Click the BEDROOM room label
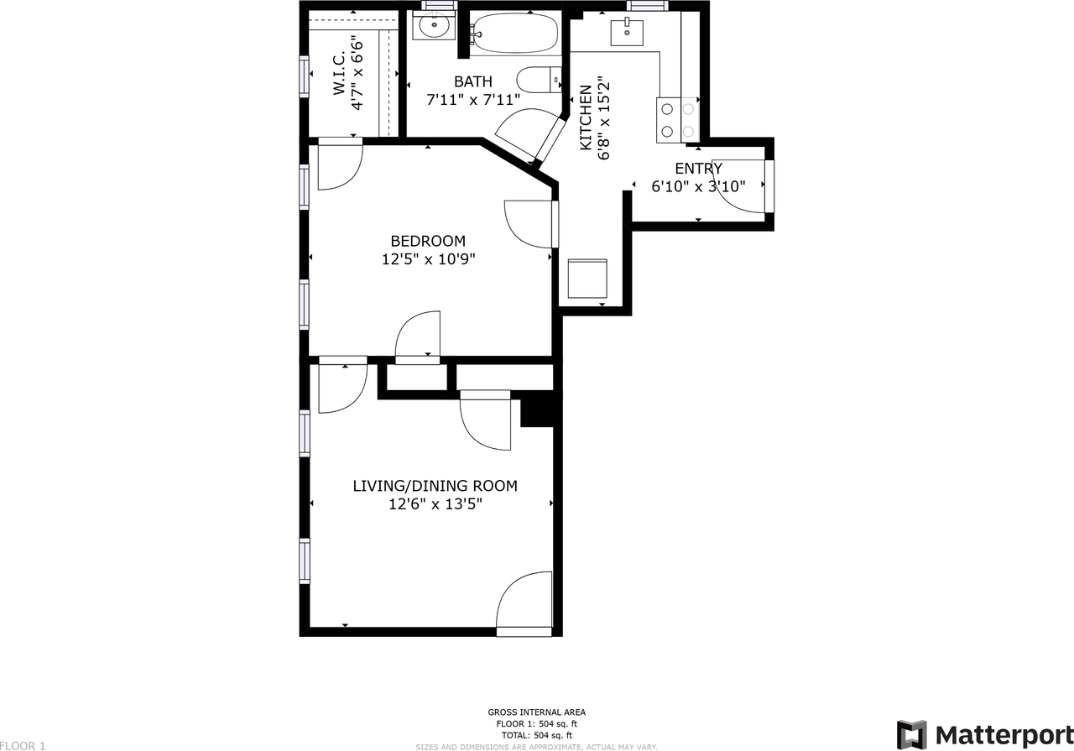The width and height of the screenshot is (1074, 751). coord(427,241)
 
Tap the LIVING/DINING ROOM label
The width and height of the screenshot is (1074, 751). coord(435,486)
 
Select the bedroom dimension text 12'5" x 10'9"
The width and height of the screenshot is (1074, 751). coord(428,259)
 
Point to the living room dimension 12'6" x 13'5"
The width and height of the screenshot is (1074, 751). coord(435,504)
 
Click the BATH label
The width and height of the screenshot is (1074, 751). coord(473,81)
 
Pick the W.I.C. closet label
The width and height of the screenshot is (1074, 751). coord(339,76)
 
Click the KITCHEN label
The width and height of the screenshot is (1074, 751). coord(586,117)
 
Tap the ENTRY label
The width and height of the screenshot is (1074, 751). coord(698,169)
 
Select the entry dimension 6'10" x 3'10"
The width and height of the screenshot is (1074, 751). coord(698,186)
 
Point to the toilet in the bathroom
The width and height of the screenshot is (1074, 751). coord(537,81)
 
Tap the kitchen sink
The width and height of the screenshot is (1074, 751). coord(627,33)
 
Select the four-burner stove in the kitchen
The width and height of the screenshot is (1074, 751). coord(678,118)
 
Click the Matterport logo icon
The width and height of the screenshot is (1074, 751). coord(912,734)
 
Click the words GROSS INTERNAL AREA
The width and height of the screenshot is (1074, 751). coord(536,712)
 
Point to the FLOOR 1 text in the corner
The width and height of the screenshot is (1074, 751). coord(23,745)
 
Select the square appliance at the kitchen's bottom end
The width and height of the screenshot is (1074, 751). coord(587,279)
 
